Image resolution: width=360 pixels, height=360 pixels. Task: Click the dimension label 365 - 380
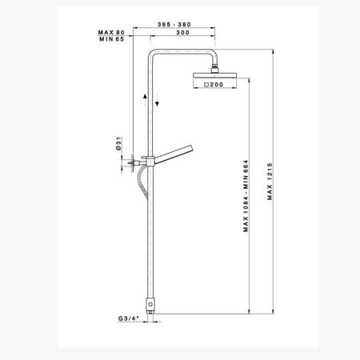coord(174,25)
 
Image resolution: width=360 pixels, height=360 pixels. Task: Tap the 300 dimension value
coord(182,33)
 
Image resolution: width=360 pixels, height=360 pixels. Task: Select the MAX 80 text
coord(111,33)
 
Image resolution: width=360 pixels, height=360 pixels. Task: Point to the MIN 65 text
coord(112,39)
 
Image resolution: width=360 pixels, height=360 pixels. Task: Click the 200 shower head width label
coord(217,85)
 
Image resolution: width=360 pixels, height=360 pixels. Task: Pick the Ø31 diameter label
coord(119,143)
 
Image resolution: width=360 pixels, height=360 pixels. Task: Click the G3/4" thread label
coord(129,318)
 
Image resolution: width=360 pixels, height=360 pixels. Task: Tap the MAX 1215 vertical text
coord(270,182)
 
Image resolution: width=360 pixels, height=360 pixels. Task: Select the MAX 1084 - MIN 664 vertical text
coord(246,196)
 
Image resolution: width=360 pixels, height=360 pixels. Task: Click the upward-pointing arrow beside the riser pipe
coord(145,101)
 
